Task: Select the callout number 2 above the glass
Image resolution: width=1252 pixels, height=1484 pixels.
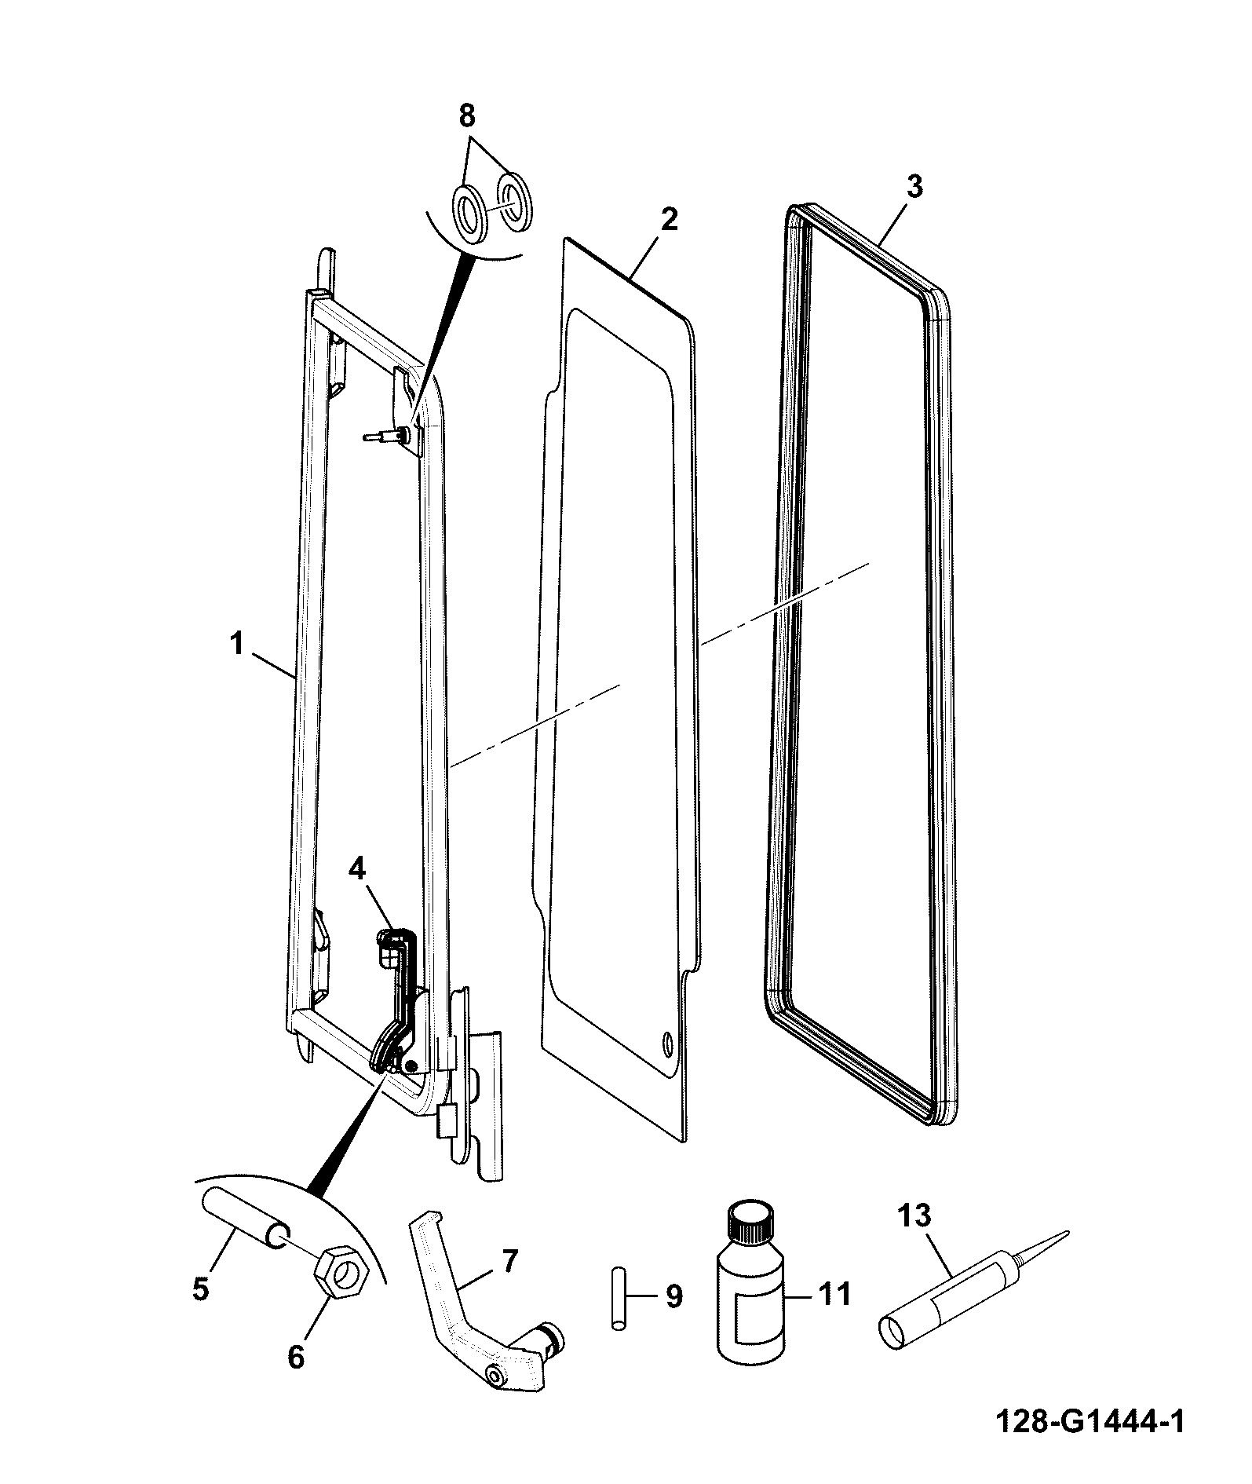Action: tap(668, 219)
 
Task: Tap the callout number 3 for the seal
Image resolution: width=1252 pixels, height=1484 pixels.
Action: tap(914, 187)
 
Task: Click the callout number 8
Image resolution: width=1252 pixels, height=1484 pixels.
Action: tap(466, 116)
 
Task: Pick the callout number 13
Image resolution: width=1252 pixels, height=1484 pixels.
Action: tap(914, 1216)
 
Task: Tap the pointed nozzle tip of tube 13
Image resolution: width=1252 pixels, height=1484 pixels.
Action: tap(1068, 1232)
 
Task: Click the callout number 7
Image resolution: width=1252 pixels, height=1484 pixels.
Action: tap(510, 1260)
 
